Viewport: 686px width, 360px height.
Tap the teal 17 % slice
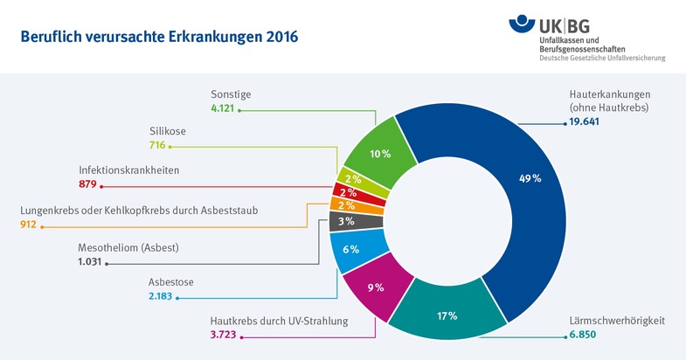[x=447, y=315]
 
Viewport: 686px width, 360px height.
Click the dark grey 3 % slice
[x=347, y=221]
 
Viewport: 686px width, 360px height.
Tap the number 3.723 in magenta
[x=226, y=336]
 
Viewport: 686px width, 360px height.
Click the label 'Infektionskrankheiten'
[x=129, y=170]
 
